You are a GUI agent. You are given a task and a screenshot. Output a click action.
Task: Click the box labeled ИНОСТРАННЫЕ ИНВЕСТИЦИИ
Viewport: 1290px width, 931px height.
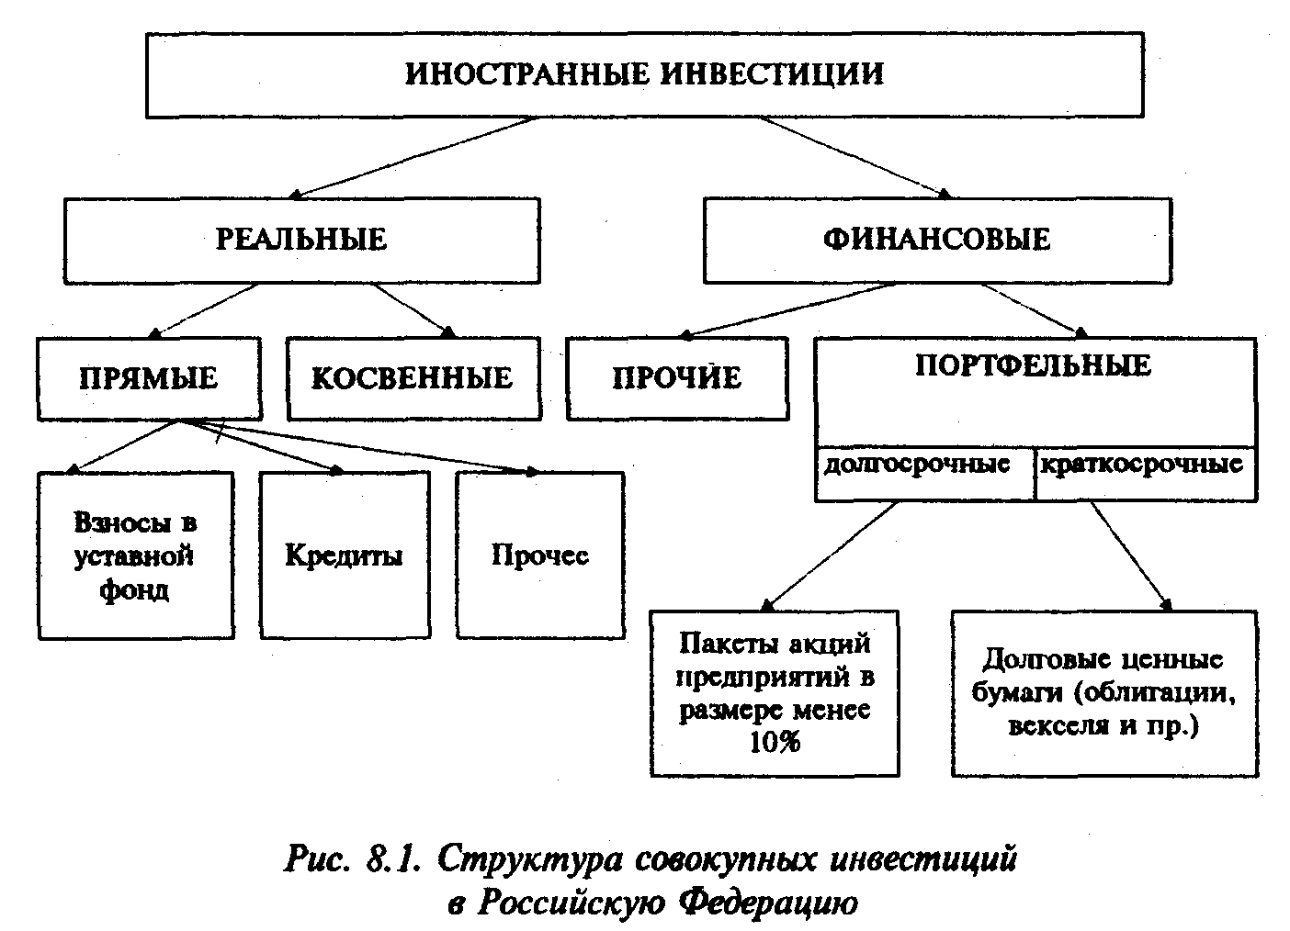[x=644, y=74]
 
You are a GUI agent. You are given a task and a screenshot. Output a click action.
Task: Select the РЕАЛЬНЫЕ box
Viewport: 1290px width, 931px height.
[x=301, y=240]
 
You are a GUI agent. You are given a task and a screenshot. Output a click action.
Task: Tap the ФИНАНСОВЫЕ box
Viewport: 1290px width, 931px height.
[x=936, y=240]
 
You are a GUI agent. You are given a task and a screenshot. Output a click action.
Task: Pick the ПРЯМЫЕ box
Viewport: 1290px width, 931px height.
[x=148, y=378]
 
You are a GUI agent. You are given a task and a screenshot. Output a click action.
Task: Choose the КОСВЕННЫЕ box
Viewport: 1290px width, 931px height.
[x=413, y=378]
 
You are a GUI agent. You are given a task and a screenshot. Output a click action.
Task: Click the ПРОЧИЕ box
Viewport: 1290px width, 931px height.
[x=676, y=378]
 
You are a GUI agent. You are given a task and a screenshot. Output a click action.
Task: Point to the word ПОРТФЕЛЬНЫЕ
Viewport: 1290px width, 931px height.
[x=1034, y=365]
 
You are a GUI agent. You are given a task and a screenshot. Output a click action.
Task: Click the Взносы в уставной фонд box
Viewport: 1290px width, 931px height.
[x=135, y=555]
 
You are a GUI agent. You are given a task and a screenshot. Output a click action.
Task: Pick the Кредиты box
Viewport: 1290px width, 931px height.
[x=344, y=555]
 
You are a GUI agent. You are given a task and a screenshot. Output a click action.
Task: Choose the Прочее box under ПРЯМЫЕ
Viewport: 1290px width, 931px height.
[x=540, y=555]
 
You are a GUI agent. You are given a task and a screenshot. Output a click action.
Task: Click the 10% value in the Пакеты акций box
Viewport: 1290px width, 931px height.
[x=775, y=742]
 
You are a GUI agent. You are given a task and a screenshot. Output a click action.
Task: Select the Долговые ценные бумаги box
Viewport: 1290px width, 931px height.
[x=1103, y=693]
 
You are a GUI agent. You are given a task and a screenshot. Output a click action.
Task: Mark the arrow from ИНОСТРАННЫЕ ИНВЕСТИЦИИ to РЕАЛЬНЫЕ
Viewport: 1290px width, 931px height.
[x=413, y=155]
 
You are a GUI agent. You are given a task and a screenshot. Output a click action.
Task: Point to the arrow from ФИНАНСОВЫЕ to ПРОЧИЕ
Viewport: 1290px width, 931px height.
[x=790, y=309]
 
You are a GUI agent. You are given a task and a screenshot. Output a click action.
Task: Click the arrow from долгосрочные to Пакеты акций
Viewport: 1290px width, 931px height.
[x=830, y=555]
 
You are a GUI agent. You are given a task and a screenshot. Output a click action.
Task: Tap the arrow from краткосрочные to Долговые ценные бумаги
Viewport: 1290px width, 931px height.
[x=1130, y=555]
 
